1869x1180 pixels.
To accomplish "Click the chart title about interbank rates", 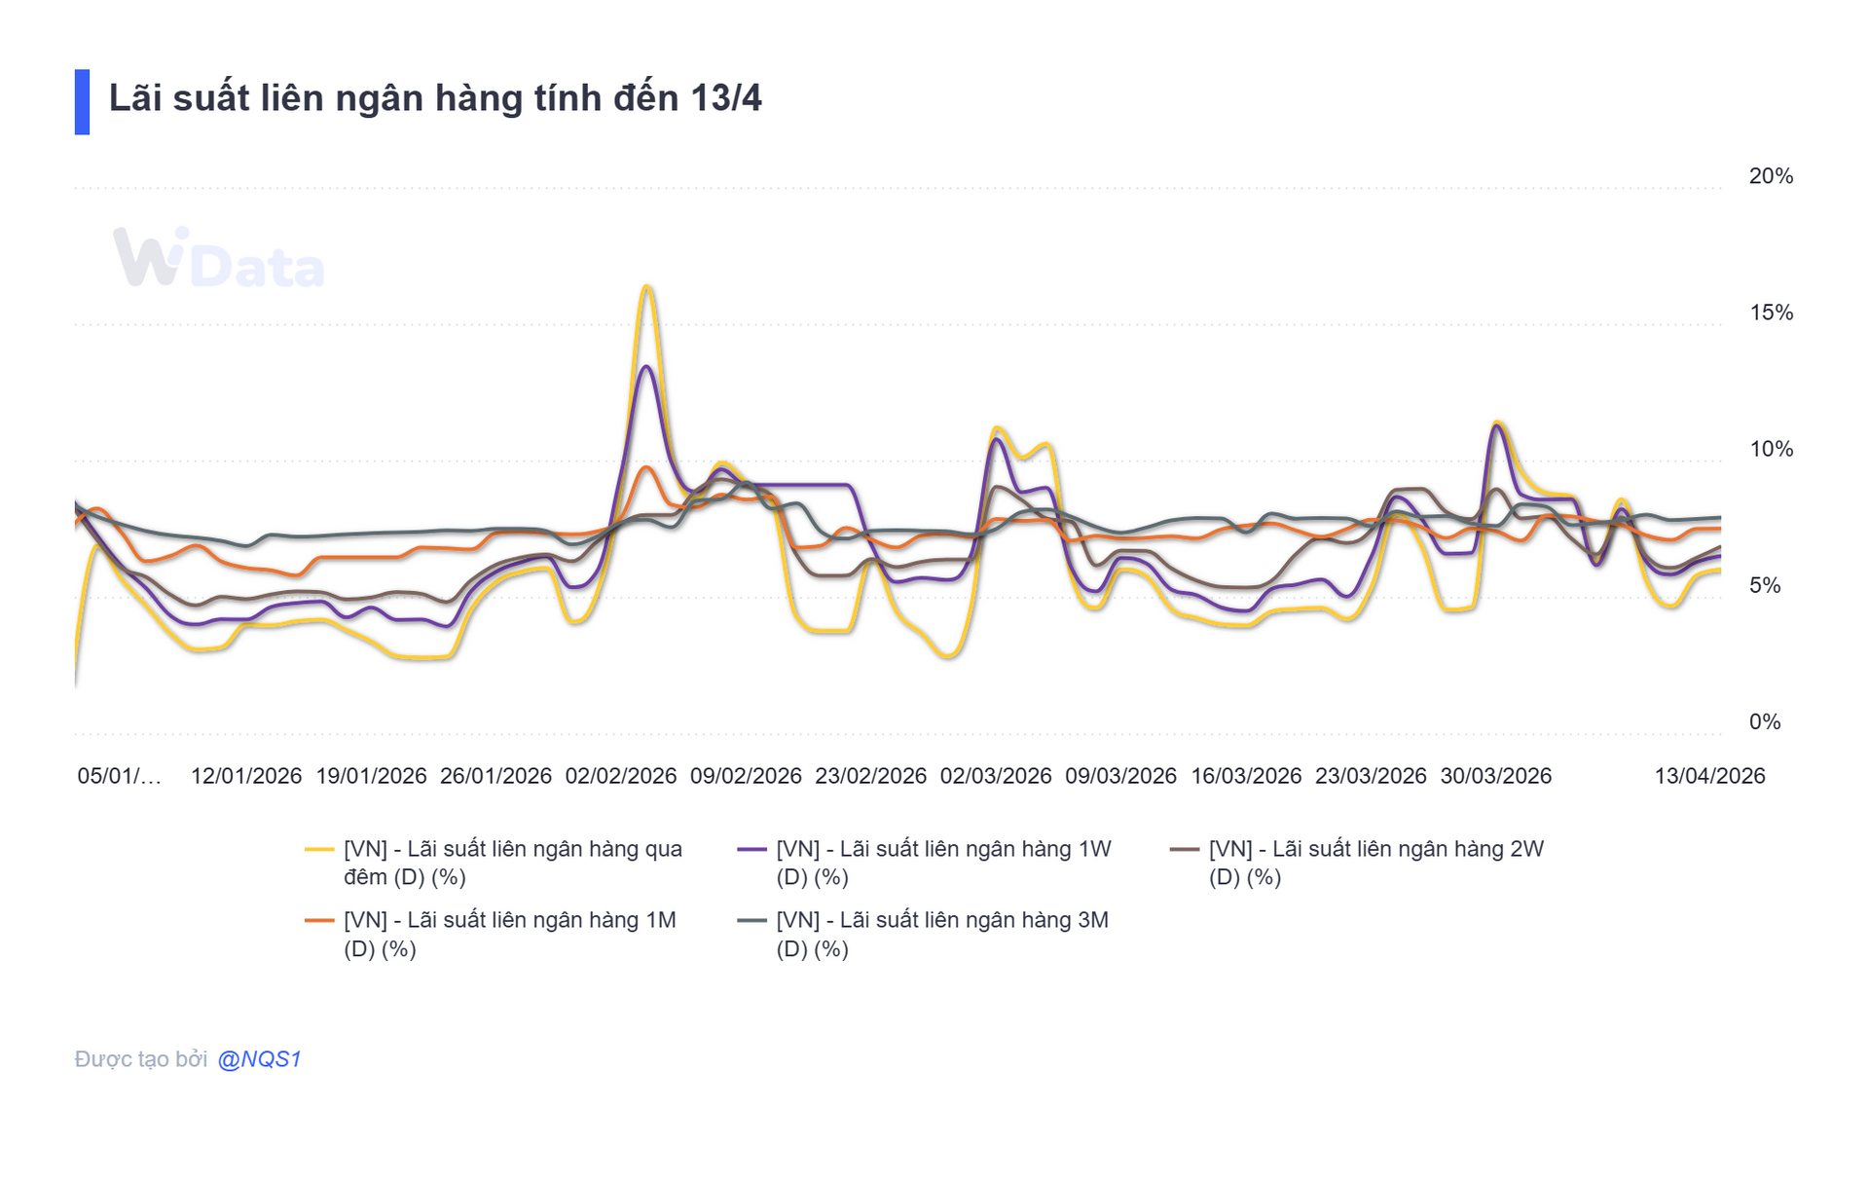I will tap(435, 99).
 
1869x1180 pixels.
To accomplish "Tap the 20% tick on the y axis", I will tap(1770, 176).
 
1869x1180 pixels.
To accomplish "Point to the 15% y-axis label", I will tap(1770, 313).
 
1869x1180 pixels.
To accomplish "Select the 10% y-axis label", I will tap(1770, 449).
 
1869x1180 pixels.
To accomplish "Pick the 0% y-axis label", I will tap(1764, 721).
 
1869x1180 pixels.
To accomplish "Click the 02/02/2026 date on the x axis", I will tap(620, 776).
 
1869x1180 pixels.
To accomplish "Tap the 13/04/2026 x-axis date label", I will tap(1709, 776).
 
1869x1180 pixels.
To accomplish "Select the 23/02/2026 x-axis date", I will tap(870, 776).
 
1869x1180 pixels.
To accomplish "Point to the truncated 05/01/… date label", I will tap(119, 776).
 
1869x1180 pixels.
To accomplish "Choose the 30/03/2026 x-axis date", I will tap(1495, 776).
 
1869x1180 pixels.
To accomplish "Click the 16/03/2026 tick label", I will tap(1246, 776).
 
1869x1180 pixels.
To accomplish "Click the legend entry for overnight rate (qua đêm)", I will tap(512, 863).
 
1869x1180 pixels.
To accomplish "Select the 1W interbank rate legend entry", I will tap(942, 863).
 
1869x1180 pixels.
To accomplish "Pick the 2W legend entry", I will tap(1374, 863).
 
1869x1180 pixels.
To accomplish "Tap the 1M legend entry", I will tap(509, 934).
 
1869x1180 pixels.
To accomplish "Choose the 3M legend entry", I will tap(941, 934).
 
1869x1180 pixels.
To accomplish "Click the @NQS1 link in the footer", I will tap(259, 1059).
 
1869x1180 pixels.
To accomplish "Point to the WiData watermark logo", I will tap(218, 259).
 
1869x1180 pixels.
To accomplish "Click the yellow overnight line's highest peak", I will tap(647, 286).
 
